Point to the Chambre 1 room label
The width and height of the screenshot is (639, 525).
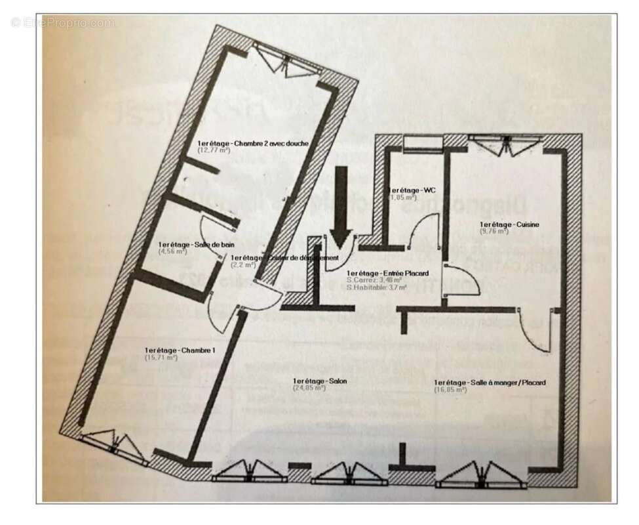coord(180,350)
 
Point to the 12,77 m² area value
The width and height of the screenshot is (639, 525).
coord(214,150)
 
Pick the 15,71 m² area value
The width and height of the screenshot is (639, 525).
coord(161,358)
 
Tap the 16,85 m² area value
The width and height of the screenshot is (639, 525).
coord(450,390)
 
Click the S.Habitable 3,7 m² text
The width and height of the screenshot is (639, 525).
coord(376,287)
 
